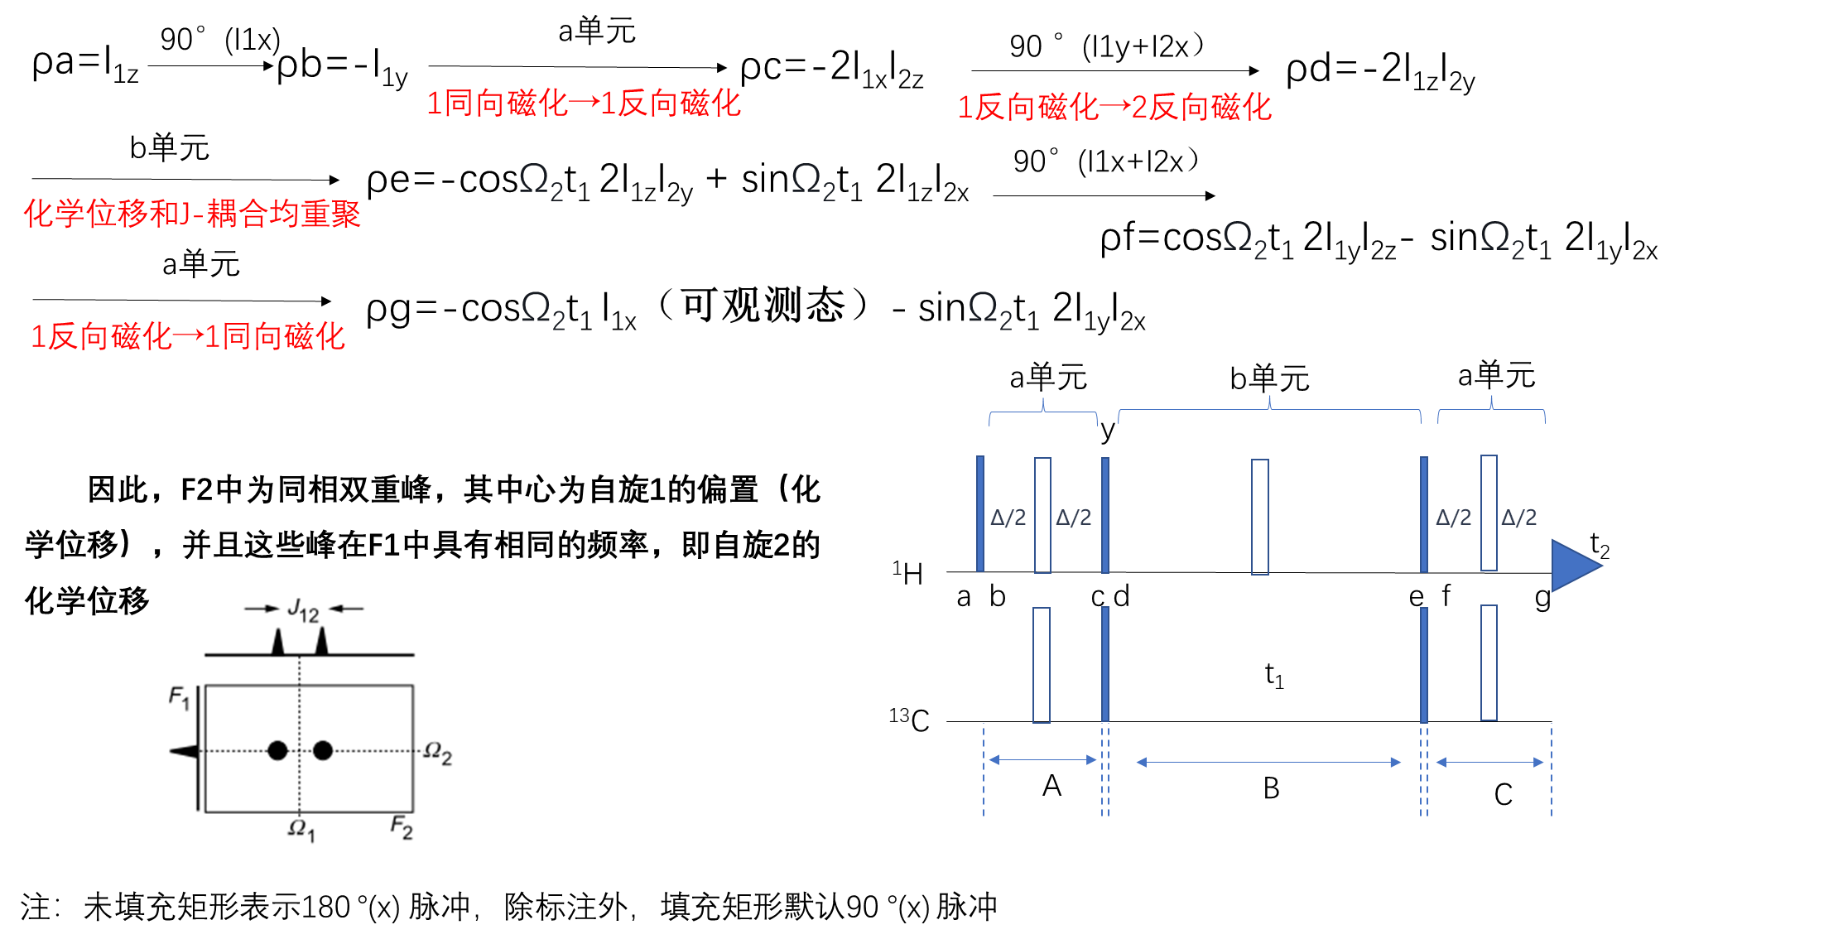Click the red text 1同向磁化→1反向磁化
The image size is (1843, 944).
click(583, 104)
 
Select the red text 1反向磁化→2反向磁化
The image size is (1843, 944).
click(1114, 108)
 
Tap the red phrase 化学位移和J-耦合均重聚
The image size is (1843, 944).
click(191, 214)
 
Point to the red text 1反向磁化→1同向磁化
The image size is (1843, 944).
click(188, 336)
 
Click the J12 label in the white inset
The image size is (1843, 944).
click(303, 610)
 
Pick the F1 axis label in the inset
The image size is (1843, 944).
click(179, 697)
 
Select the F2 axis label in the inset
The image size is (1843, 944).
click(401, 826)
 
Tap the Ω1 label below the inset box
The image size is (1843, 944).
click(301, 829)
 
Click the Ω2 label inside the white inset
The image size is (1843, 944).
click(437, 753)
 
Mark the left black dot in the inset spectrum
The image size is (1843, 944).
click(277, 750)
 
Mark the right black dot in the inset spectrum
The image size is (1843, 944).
click(323, 750)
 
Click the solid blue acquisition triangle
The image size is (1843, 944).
click(1574, 566)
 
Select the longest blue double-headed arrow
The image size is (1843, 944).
click(1268, 762)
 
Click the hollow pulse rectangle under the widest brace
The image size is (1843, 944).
click(1259, 517)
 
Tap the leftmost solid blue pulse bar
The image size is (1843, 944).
click(980, 513)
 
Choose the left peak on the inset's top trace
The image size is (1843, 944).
click(278, 643)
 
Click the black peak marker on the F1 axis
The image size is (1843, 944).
click(184, 751)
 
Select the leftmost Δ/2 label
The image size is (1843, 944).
click(1008, 518)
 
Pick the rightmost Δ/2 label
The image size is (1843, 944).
click(1518, 518)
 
